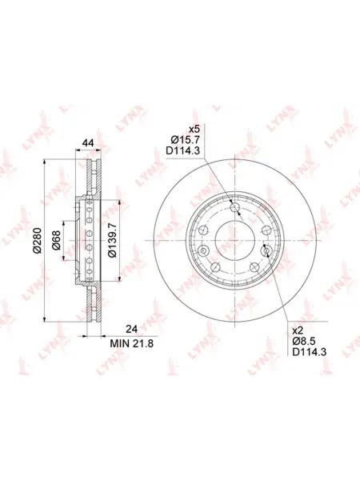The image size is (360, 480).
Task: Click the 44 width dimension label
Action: (89, 142)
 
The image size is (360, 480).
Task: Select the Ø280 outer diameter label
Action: (37, 240)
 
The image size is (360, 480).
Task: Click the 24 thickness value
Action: (132, 329)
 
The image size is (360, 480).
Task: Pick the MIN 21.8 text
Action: (132, 343)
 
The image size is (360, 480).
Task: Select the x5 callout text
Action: (194, 129)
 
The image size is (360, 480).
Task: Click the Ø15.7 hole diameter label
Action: (186, 140)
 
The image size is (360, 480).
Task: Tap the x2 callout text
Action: (298, 330)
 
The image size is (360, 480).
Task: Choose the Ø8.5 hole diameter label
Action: (304, 341)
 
